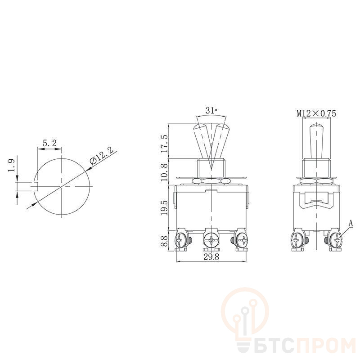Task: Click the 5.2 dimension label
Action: pos(49,143)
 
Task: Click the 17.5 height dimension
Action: pos(164,144)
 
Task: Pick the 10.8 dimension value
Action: pos(164,172)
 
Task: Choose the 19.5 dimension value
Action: pos(164,207)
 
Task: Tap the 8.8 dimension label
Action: pos(164,240)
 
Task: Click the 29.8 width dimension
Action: pos(211,256)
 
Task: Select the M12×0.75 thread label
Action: pos(316,113)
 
